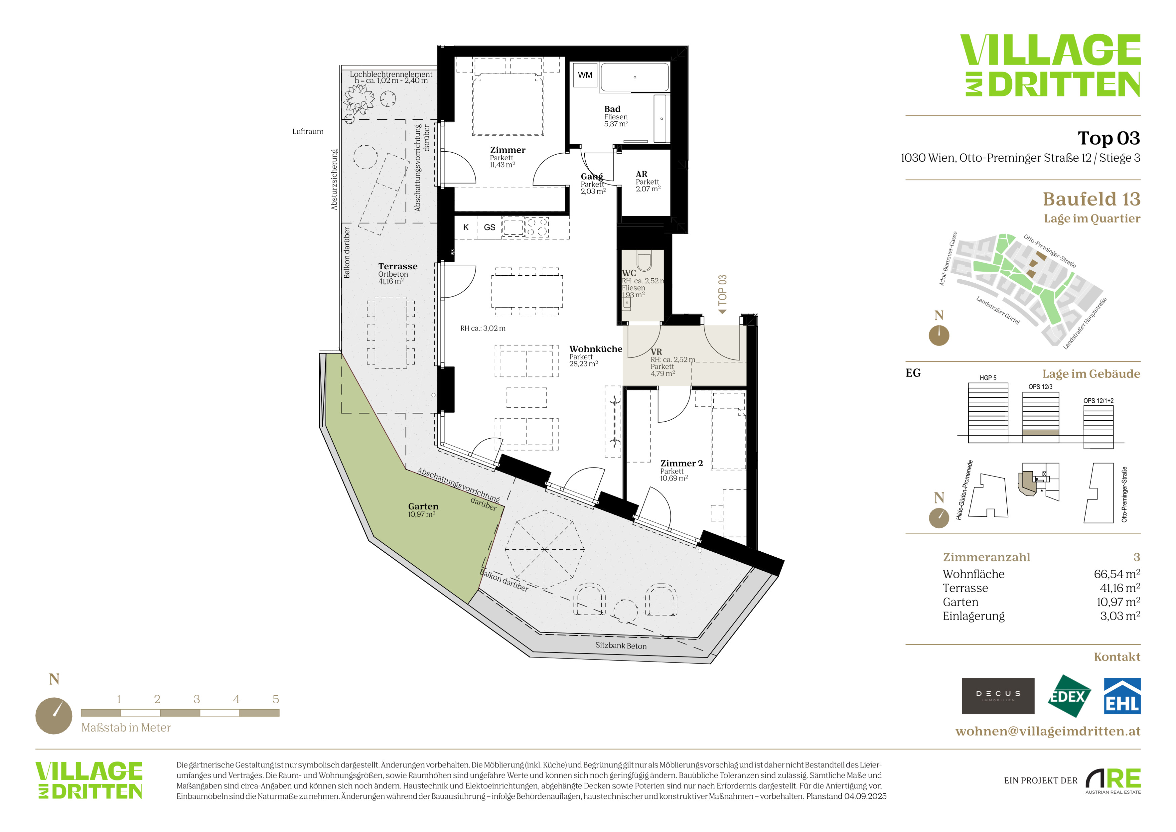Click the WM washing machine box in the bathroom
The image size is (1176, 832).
[585, 75]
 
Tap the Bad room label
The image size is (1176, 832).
[612, 109]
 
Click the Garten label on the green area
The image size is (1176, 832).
[423, 506]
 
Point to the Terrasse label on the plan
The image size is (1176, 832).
[397, 266]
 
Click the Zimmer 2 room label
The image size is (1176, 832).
[681, 463]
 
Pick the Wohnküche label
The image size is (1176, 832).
[596, 349]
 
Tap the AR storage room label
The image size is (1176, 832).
[641, 174]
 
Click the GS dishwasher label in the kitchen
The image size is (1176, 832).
[490, 228]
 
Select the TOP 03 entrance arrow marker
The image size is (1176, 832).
[722, 294]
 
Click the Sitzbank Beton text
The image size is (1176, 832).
[621, 645]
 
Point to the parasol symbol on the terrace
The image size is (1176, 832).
[544, 549]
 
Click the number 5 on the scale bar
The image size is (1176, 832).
[276, 699]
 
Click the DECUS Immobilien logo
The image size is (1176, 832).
[998, 696]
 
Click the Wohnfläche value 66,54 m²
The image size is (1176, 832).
[1117, 574]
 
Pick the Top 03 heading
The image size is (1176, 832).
[1108, 138]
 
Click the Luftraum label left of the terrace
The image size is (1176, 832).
[308, 132]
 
